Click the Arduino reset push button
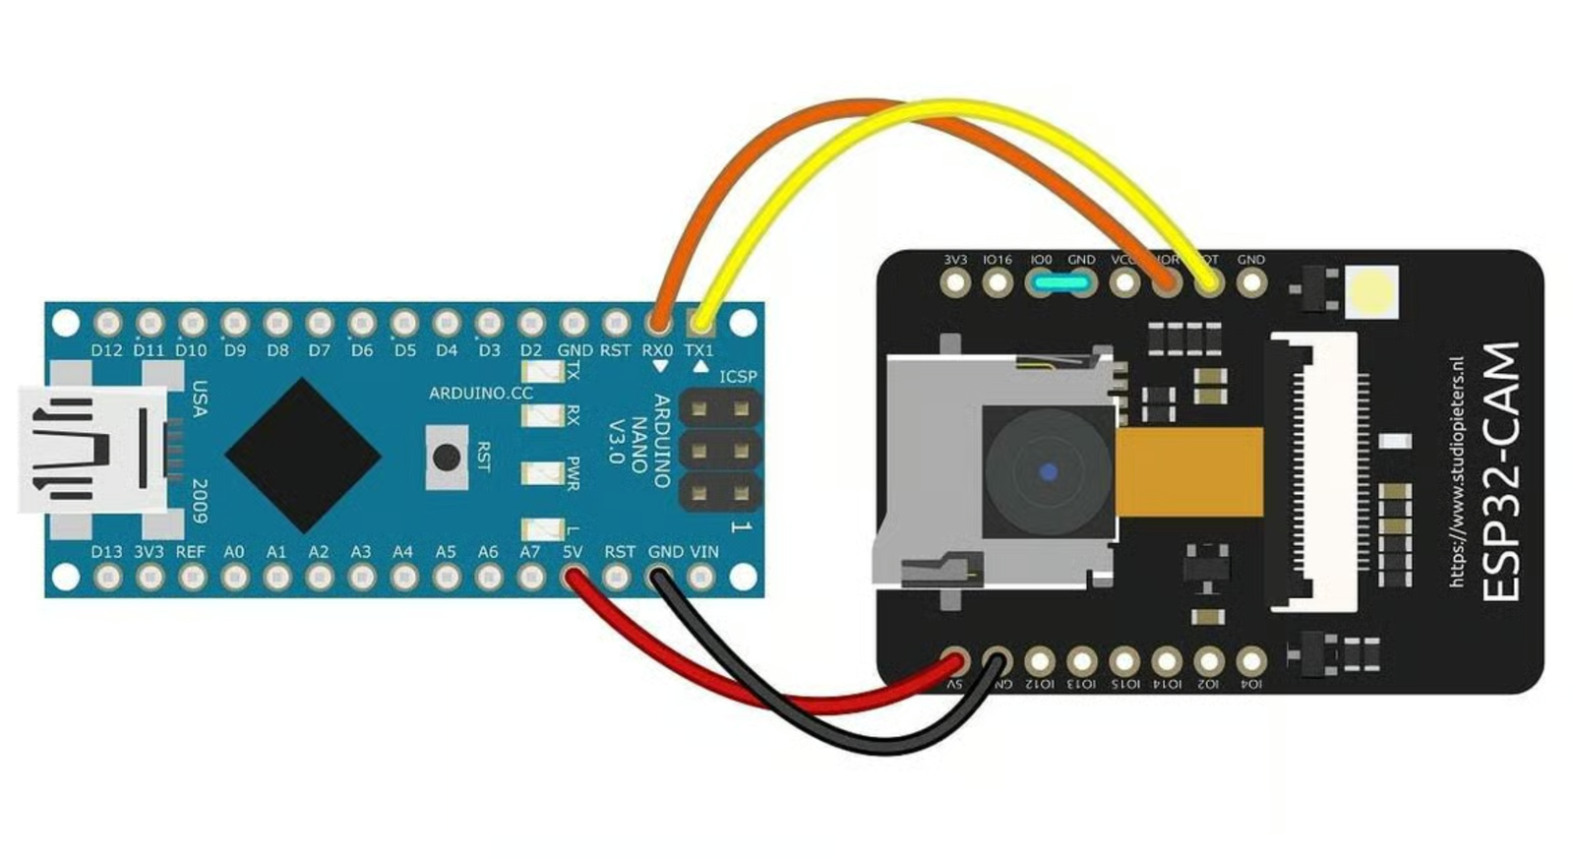[x=446, y=457]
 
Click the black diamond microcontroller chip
[x=302, y=455]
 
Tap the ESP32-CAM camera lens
[x=1048, y=473]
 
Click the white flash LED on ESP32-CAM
[x=1371, y=291]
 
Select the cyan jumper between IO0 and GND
[x=1060, y=283]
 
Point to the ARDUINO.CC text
[x=480, y=394]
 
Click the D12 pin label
[x=106, y=350]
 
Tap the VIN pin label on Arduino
[x=704, y=552]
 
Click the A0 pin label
[x=233, y=552]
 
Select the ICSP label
[x=738, y=377]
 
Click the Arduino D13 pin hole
[x=107, y=578]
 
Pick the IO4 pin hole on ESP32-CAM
[x=1250, y=660]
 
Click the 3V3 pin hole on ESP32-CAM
[x=954, y=283]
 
